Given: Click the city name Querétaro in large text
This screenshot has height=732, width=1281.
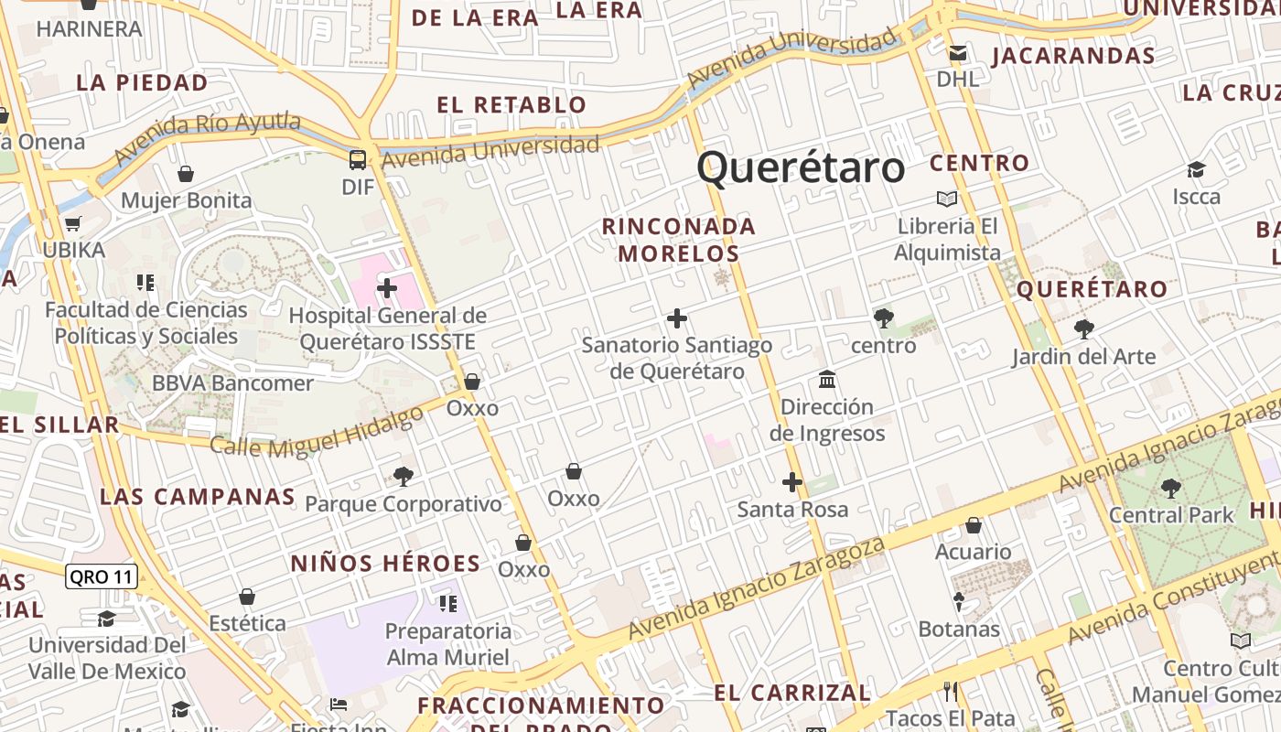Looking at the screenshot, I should coord(801,167).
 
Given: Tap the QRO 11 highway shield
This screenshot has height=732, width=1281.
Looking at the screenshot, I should coord(102,576).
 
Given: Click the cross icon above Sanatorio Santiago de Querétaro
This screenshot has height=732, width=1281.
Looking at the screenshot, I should coord(677,318).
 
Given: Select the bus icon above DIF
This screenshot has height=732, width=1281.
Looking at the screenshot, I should coord(358,160).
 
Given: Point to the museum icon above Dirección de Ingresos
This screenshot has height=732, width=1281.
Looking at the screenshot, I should coord(827,379).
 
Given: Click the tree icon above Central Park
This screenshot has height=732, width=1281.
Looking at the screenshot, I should coord(1170,488).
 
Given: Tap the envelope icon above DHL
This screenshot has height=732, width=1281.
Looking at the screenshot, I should coord(957,53).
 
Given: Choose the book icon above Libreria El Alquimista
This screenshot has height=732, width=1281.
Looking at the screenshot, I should coord(946,199).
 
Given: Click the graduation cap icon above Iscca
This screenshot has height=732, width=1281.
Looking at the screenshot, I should coord(1196,169).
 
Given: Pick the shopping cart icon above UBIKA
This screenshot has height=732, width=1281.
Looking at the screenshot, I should coord(73,223).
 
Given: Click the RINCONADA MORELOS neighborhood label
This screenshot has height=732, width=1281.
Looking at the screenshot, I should coord(678,240).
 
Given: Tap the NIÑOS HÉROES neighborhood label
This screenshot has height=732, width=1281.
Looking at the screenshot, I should coord(385,564).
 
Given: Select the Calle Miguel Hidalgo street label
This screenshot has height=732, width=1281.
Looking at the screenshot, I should coord(318,433).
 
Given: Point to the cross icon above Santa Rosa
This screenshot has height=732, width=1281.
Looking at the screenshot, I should coord(792,481).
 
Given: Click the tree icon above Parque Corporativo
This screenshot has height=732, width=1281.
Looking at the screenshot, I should coord(403,476).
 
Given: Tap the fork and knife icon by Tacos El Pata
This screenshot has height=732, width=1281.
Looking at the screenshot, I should coord(951,691).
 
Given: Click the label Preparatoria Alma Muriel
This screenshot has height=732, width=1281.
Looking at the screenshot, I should coord(448,644).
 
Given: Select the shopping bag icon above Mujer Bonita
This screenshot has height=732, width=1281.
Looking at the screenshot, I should coord(186,174).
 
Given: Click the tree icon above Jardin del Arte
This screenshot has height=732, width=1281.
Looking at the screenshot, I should coord(1083,328).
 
